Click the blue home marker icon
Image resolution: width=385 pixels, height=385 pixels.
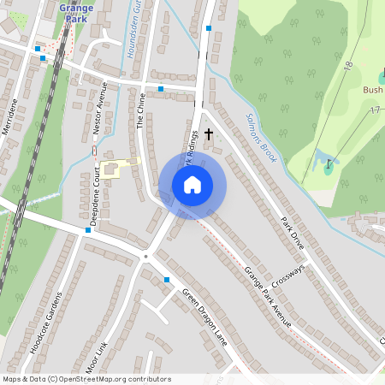[x=192, y=185]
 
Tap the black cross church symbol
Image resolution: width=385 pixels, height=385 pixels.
[x=208, y=134]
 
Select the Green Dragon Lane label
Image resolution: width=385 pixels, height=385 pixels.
[x=204, y=311]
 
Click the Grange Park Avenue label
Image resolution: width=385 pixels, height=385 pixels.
[x=268, y=297]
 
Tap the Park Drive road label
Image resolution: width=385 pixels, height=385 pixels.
[x=292, y=232]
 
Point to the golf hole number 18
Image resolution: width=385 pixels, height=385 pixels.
[x=348, y=65]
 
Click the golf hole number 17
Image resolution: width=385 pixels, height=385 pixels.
[x=375, y=110]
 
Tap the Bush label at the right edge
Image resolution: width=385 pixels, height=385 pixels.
[x=373, y=89]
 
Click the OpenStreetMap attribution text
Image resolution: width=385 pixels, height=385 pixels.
[x=86, y=379]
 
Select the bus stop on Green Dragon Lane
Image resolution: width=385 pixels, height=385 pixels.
[x=167, y=280]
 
